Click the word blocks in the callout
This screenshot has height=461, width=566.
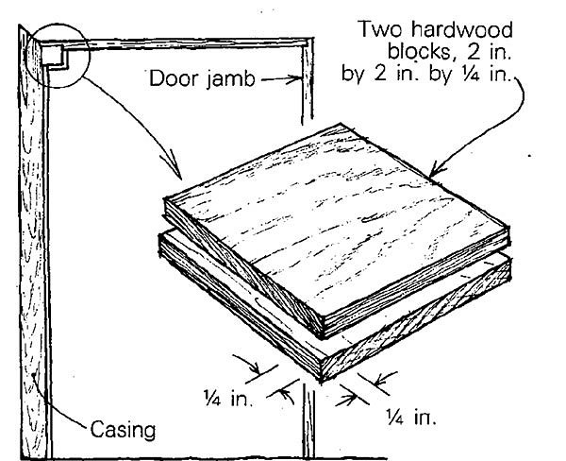click(x=415, y=53)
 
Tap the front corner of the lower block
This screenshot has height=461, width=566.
click(x=324, y=381)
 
